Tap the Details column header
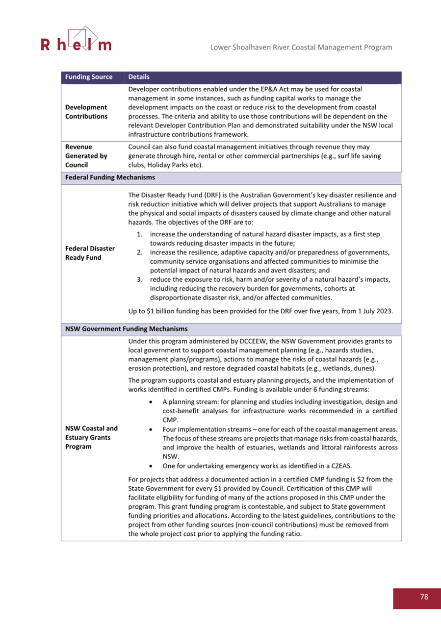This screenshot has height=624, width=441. click(x=139, y=77)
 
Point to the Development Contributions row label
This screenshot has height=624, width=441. click(x=86, y=112)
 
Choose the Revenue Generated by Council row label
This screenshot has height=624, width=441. click(x=86, y=156)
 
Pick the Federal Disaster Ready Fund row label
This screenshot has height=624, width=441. click(x=90, y=253)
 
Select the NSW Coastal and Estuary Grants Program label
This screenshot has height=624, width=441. click(x=91, y=438)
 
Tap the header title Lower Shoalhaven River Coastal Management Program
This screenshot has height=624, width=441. click(x=301, y=48)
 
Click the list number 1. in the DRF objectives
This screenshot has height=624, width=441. click(x=139, y=235)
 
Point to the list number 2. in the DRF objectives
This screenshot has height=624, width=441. click(x=139, y=253)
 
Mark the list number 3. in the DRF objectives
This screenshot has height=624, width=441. click(x=139, y=279)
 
